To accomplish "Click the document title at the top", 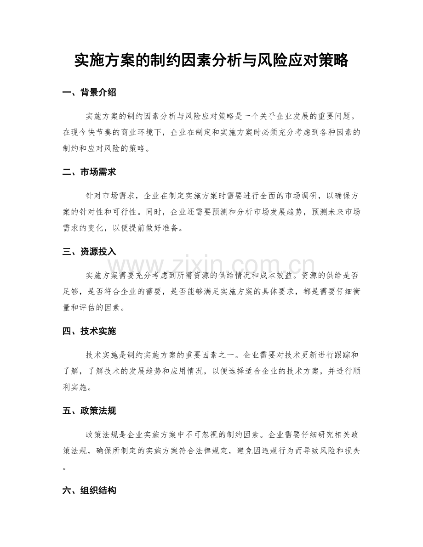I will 211,61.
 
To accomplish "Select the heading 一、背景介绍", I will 89,93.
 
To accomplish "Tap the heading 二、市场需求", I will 89,172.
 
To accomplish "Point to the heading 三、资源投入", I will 89,252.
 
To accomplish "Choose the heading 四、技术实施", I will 89,331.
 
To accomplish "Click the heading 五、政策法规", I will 89,410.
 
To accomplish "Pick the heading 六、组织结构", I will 89,490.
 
